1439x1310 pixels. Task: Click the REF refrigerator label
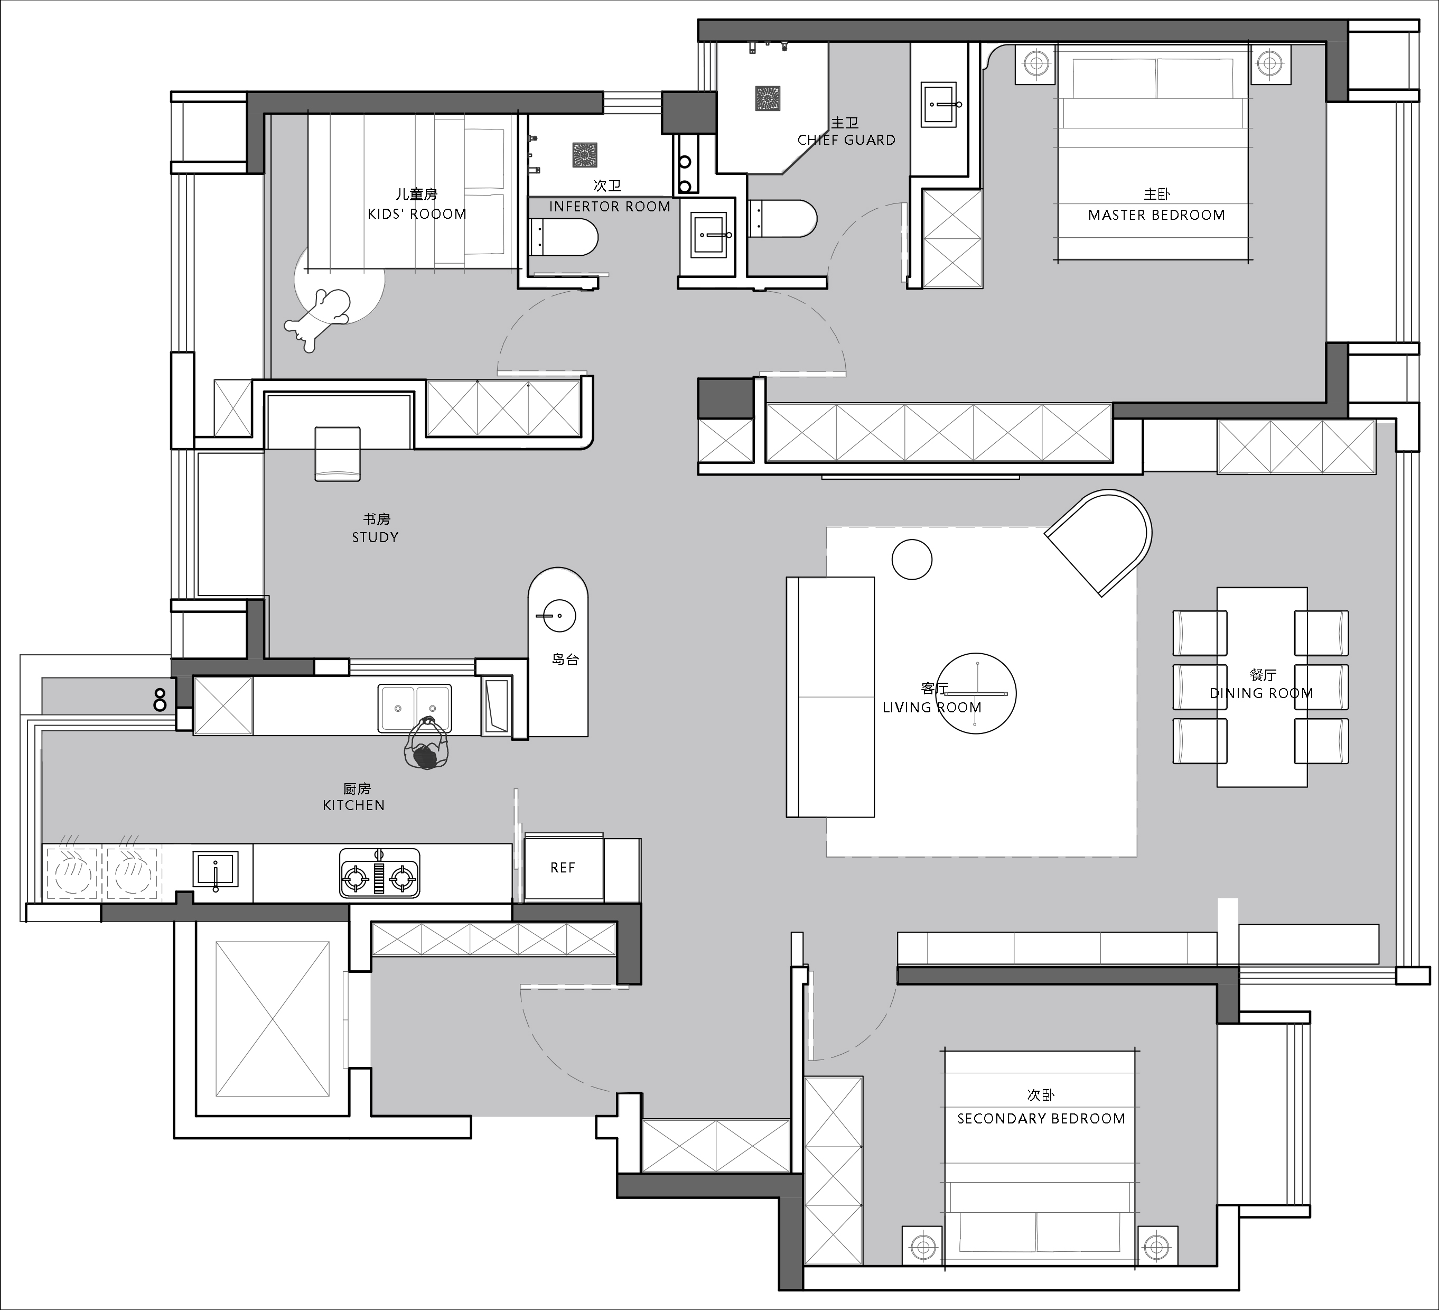pos(563,867)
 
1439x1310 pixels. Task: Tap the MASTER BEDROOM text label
pos(1156,215)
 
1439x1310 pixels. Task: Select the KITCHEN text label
pos(354,805)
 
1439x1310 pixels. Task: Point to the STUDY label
pos(375,537)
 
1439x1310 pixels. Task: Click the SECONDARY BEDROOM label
pos(1041,1119)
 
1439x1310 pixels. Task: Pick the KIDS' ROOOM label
pos(417,213)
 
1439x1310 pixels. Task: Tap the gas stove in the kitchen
pos(379,872)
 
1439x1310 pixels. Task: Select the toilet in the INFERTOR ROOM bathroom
pos(563,238)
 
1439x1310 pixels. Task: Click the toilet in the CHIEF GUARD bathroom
pos(782,218)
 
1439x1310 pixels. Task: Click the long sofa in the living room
pos(830,697)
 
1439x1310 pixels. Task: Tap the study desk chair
pos(338,454)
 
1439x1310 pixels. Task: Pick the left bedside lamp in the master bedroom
pos(1035,63)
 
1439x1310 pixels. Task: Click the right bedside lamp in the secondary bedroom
pos(1156,1247)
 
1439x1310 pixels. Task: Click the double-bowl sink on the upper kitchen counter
pos(415,708)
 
